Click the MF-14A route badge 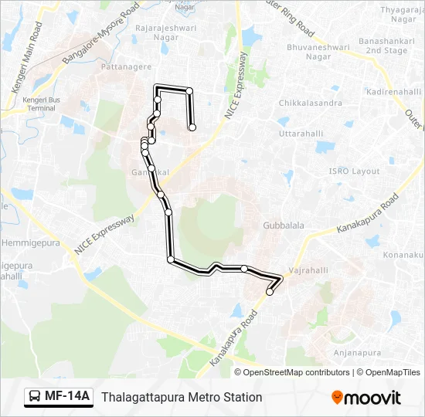click(59, 397)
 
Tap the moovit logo click(366, 398)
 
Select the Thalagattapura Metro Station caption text click(182, 397)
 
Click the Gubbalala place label click(284, 225)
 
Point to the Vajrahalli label click(308, 272)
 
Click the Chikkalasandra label click(311, 103)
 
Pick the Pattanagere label click(126, 68)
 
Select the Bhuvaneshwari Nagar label click(308, 52)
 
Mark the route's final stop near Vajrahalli click(270, 292)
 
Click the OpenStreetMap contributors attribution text click(297, 372)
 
